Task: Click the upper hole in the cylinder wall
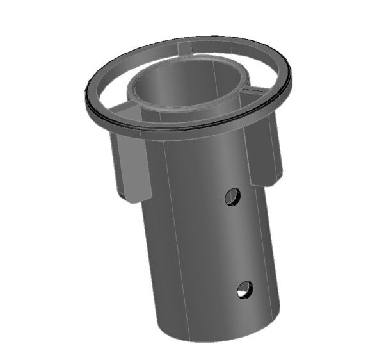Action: point(232,197)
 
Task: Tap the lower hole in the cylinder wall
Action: point(244,290)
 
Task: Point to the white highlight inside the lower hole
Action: point(242,293)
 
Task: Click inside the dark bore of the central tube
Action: point(186,86)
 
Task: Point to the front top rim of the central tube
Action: point(192,113)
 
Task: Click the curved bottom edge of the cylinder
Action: point(218,339)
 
